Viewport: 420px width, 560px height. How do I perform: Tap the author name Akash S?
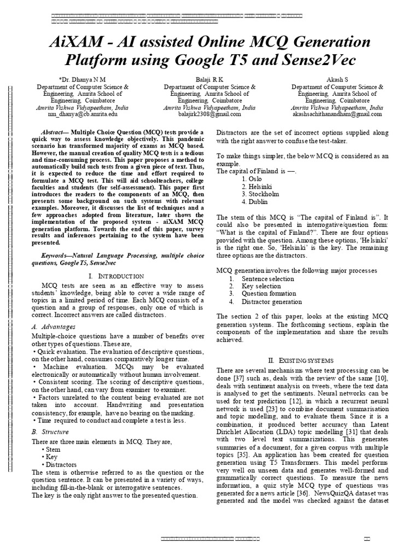337,79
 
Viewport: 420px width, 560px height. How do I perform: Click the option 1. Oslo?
254,179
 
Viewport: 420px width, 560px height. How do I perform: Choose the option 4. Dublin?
256,201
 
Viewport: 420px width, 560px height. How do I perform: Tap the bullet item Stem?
54,449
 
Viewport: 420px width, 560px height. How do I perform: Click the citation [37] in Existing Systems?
239,379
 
